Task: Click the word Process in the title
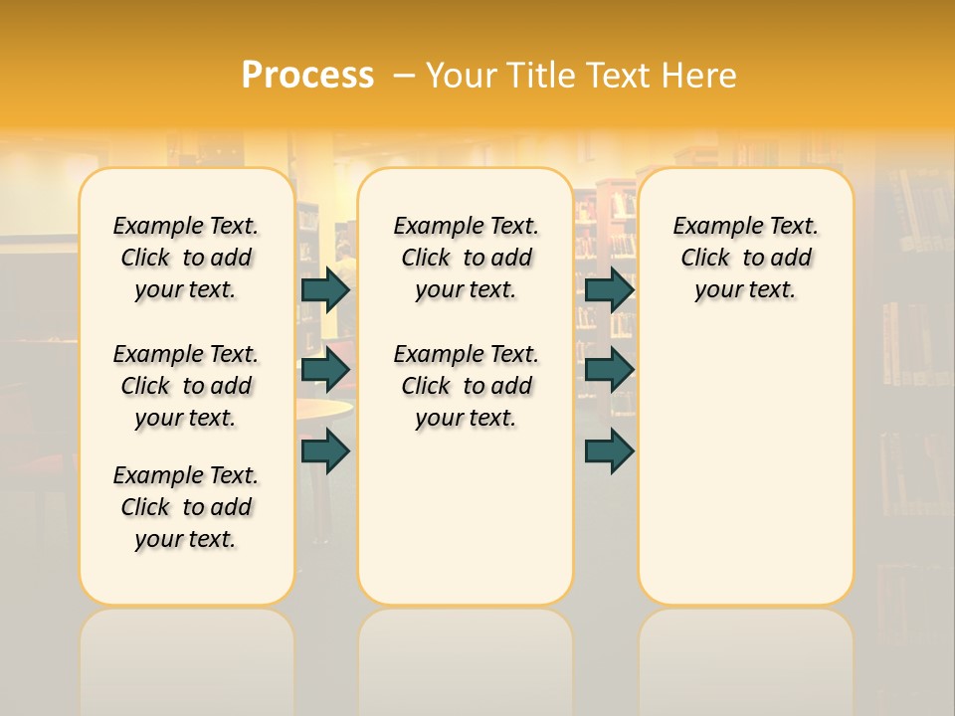[307, 76]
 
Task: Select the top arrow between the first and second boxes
[325, 289]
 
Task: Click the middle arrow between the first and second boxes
[325, 370]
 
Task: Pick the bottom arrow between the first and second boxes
[325, 451]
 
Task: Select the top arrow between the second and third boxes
[609, 289]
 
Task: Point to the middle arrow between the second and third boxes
[609, 370]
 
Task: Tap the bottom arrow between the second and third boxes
[609, 451]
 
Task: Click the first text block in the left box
[186, 258]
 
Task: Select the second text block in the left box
[186, 386]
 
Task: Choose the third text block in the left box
[186, 507]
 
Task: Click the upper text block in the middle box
[466, 258]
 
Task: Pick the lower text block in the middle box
[466, 386]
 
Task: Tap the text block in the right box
[746, 258]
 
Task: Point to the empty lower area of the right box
[746, 467]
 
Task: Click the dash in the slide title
[404, 76]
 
